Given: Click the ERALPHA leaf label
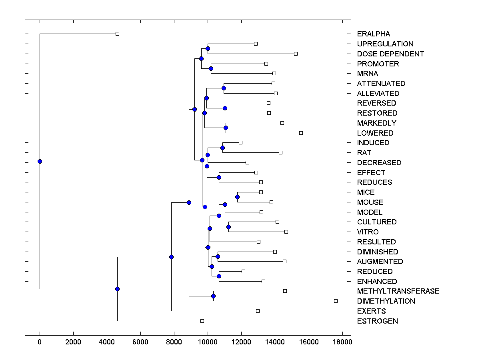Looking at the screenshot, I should pyautogui.click(x=373, y=34).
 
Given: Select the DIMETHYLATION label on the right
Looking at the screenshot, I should pyautogui.click(x=386, y=301).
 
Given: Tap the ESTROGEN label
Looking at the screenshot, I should pyautogui.click(x=377, y=321).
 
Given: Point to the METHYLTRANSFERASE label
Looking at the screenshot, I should pyautogui.click(x=398, y=291).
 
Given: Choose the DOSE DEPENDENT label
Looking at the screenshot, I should pyautogui.click(x=390, y=54).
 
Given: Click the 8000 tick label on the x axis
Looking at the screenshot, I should pyautogui.click(x=174, y=342).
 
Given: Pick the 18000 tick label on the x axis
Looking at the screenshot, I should pyautogui.click(x=342, y=342).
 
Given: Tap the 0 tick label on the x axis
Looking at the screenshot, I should pyautogui.click(x=40, y=342).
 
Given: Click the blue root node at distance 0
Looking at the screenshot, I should pyautogui.click(x=40, y=161).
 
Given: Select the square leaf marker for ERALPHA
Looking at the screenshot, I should pyautogui.click(x=117, y=34).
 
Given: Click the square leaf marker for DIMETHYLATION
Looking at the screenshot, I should pyautogui.click(x=336, y=301).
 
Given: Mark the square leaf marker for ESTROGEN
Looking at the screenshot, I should pyautogui.click(x=202, y=321).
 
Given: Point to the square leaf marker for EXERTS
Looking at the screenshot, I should pyautogui.click(x=258, y=311).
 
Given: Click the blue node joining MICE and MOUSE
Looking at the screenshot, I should pyautogui.click(x=237, y=197).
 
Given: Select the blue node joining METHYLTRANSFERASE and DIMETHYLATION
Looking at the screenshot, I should pyautogui.click(x=213, y=296).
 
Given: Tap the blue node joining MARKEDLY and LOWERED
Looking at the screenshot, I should pyautogui.click(x=226, y=128).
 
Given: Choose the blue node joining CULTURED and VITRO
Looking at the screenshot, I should pyautogui.click(x=228, y=227).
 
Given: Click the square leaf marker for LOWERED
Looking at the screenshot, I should pyautogui.click(x=301, y=133).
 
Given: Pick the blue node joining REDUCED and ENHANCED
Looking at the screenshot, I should pyautogui.click(x=219, y=276).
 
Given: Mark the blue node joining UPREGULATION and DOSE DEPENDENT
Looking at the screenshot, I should pyautogui.click(x=208, y=49).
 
